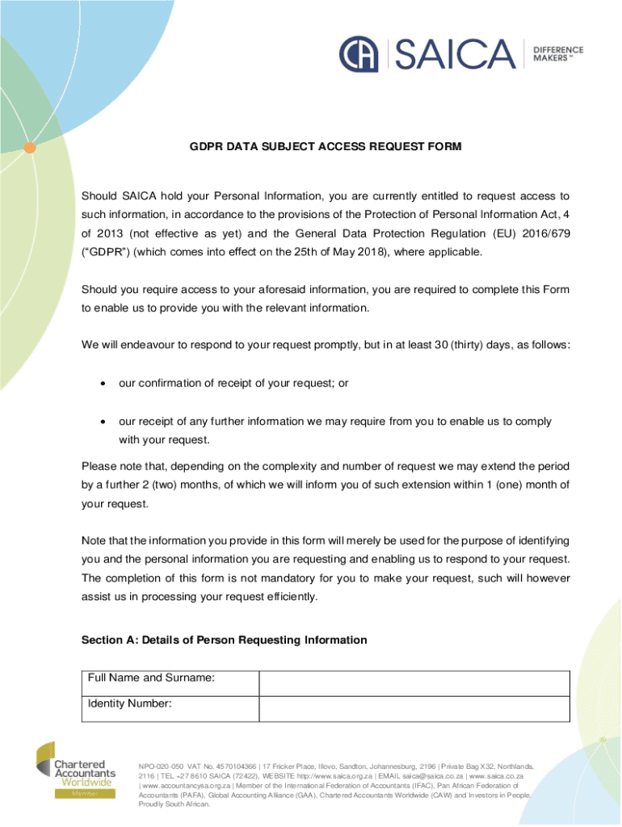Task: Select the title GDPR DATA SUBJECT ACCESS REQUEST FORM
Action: click(326, 147)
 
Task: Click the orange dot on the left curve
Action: click(29, 147)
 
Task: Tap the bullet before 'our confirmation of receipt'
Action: click(103, 384)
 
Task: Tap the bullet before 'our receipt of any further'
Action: click(103, 422)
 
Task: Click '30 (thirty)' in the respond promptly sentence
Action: click(459, 346)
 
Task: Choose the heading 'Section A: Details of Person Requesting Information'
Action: click(224, 640)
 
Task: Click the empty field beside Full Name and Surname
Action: click(414, 682)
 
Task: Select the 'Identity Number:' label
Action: click(129, 703)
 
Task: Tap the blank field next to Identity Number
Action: click(414, 708)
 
